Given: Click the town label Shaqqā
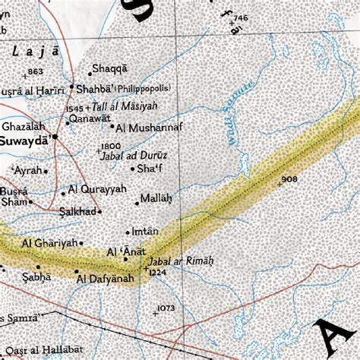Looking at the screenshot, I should point(111,68).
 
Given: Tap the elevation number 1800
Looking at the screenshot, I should point(111,145).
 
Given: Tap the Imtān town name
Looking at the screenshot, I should point(144,231).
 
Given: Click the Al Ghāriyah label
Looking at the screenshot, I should point(50,243).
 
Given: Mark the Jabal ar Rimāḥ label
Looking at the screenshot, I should point(182,261).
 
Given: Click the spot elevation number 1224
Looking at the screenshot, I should point(156,272).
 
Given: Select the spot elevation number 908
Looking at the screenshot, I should point(289,179).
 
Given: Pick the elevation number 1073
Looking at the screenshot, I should point(166,308).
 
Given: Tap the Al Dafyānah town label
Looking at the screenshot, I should point(105,279).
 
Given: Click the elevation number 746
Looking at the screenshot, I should point(241,17).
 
